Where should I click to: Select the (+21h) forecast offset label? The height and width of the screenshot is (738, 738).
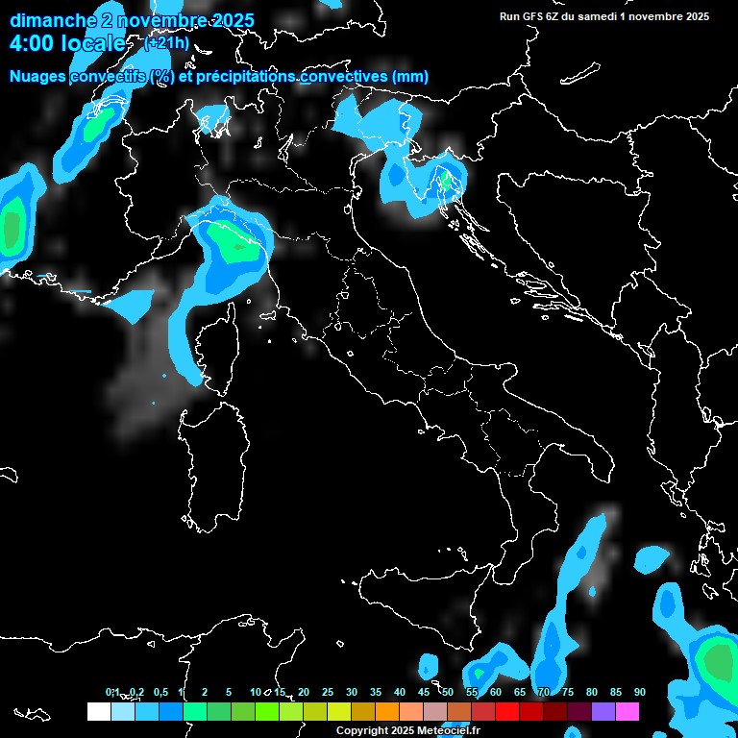166,43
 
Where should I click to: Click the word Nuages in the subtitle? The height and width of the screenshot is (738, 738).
38,77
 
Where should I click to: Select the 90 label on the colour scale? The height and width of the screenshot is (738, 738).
639,692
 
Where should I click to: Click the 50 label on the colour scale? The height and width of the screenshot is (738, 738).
447,692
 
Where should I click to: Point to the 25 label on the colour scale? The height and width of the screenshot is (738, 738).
327,692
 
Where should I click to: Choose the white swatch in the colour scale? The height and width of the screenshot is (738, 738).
98,711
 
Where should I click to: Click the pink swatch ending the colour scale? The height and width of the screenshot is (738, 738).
627,711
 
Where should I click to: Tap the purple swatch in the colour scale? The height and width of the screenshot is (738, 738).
603,711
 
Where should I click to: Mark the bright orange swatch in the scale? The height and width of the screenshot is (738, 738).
386,711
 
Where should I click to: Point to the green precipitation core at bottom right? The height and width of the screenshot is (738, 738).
716,663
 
